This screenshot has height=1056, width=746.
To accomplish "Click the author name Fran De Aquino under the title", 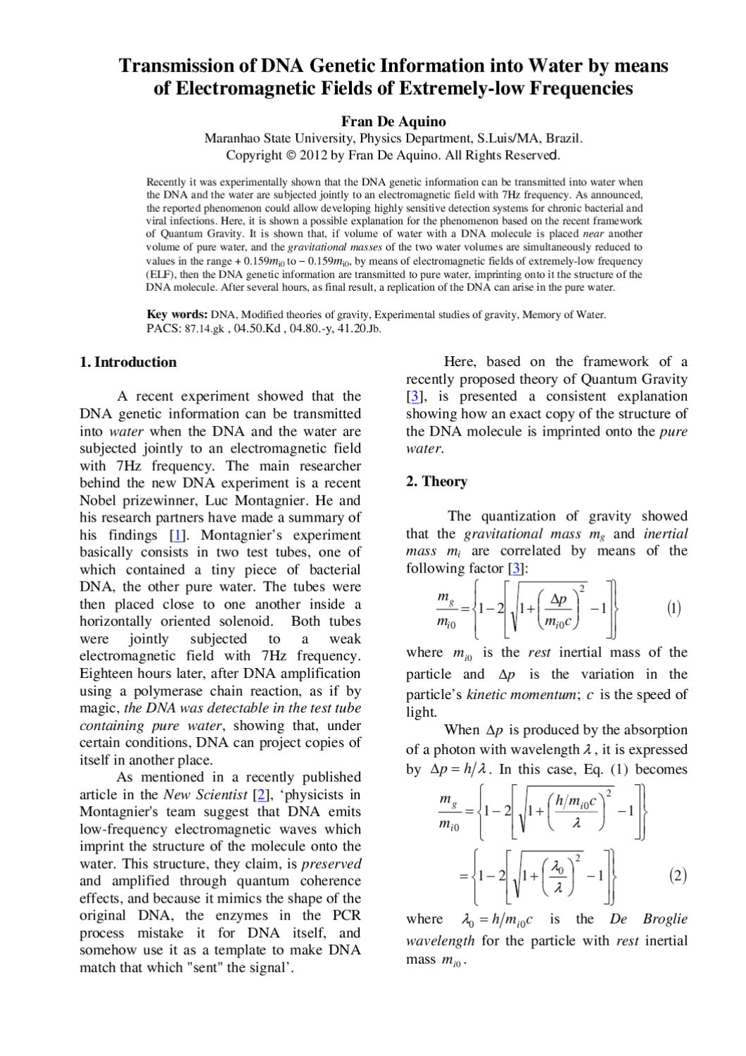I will [393, 121].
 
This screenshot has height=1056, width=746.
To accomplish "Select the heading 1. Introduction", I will [128, 363].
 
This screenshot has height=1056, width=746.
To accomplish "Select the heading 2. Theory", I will [436, 482].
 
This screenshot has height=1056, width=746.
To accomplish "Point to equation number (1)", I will [674, 608].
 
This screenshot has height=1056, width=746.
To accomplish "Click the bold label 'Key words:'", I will [177, 315].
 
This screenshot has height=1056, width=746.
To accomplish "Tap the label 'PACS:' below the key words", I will [163, 328].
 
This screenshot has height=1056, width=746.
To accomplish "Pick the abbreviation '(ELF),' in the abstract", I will [162, 275].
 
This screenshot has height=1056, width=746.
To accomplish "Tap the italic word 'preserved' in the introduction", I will [331, 864].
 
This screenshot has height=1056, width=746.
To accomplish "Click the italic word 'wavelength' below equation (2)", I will [441, 941].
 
